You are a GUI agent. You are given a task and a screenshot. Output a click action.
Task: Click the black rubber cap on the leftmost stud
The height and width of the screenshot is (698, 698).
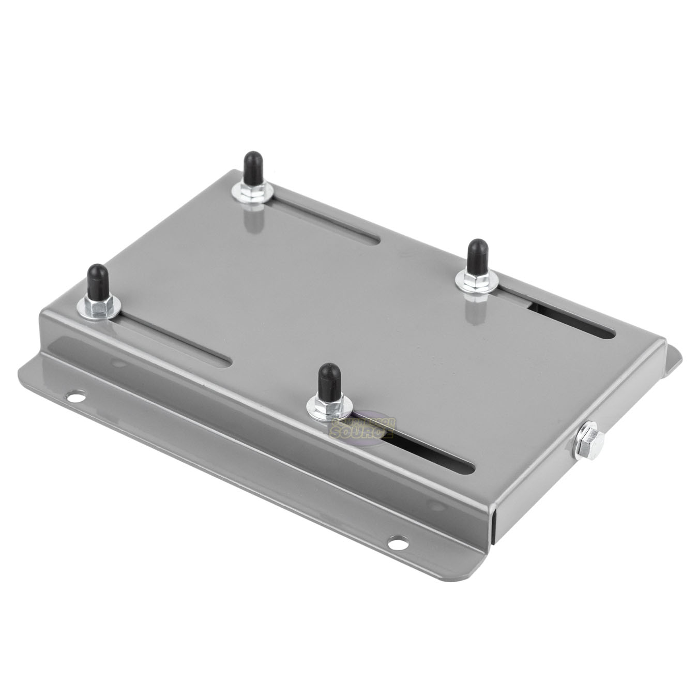(97, 280)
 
